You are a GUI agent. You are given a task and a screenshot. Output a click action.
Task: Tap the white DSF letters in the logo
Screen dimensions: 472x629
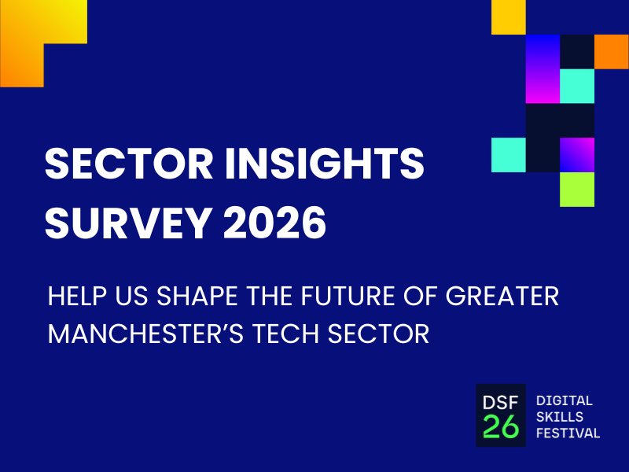coord(500,401)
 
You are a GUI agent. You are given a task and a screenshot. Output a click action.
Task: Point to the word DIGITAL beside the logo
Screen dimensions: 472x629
coord(563,401)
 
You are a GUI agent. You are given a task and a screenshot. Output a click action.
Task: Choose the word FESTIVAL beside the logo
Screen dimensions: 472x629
coord(567,433)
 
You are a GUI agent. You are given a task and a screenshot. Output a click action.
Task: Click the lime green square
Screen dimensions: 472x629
coord(577,189)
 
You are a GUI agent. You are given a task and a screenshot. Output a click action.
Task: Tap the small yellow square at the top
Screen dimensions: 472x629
coord(508,17)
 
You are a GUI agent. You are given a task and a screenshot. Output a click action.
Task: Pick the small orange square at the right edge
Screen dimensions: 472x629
coord(611,51)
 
